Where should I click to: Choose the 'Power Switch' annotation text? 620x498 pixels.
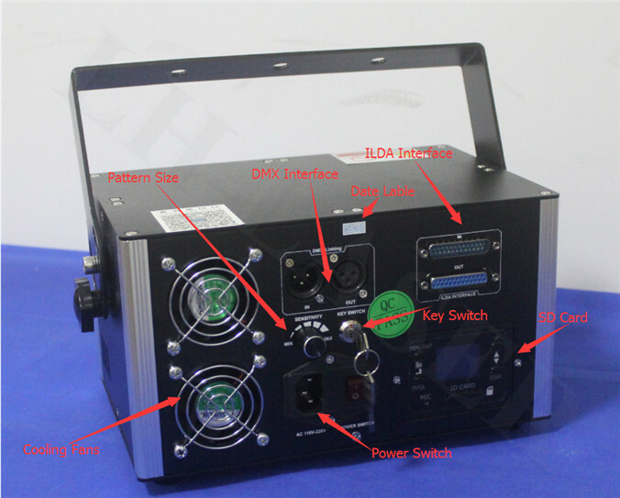411,453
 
